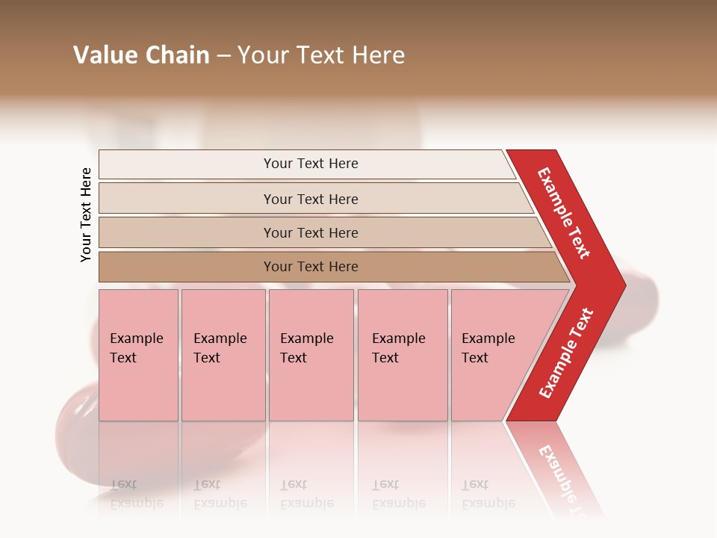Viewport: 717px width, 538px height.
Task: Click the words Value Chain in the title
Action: point(141,55)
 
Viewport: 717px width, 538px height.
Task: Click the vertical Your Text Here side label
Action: point(86,214)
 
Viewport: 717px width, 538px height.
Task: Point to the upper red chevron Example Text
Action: point(565,213)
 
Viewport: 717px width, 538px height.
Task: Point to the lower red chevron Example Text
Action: point(566,353)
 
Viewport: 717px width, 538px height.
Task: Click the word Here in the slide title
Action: point(378,55)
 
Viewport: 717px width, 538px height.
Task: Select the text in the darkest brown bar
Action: point(311,267)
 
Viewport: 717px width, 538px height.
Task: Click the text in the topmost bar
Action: point(311,164)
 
